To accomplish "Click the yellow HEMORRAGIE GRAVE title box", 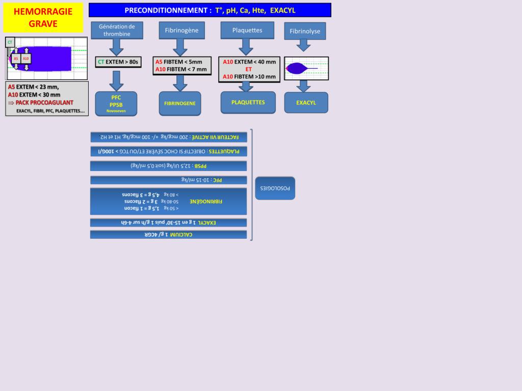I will click(43, 18).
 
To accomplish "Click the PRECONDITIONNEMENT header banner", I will click(210, 10).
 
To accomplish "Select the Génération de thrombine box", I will click(117, 30).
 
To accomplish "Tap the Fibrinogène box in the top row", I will click(181, 31).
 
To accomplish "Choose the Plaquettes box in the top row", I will click(247, 30).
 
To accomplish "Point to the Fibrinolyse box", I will click(305, 31).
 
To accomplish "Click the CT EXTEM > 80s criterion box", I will click(118, 62).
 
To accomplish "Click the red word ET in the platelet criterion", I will click(249, 69).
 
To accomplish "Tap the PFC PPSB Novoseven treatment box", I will click(116, 103).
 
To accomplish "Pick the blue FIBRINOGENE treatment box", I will click(180, 103).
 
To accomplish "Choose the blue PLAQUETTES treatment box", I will click(248, 102).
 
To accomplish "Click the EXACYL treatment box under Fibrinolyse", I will click(306, 102).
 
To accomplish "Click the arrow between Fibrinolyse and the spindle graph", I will click(304, 45).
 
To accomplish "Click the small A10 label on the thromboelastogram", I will click(26, 59).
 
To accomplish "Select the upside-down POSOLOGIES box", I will click(275, 188).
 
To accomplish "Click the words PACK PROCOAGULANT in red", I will click(44, 102).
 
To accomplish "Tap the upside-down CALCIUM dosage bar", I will click(168, 234).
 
